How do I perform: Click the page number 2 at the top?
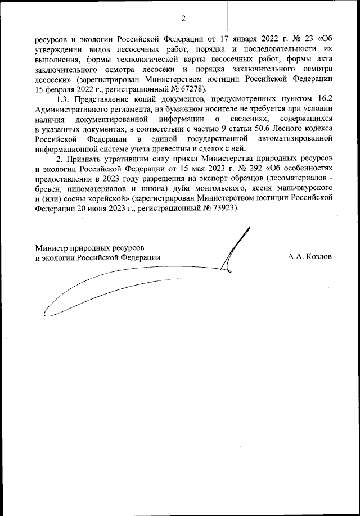pyautogui.click(x=183, y=19)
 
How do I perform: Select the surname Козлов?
pyautogui.click(x=317, y=257)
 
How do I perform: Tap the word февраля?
pyautogui.click(x=61, y=90)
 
